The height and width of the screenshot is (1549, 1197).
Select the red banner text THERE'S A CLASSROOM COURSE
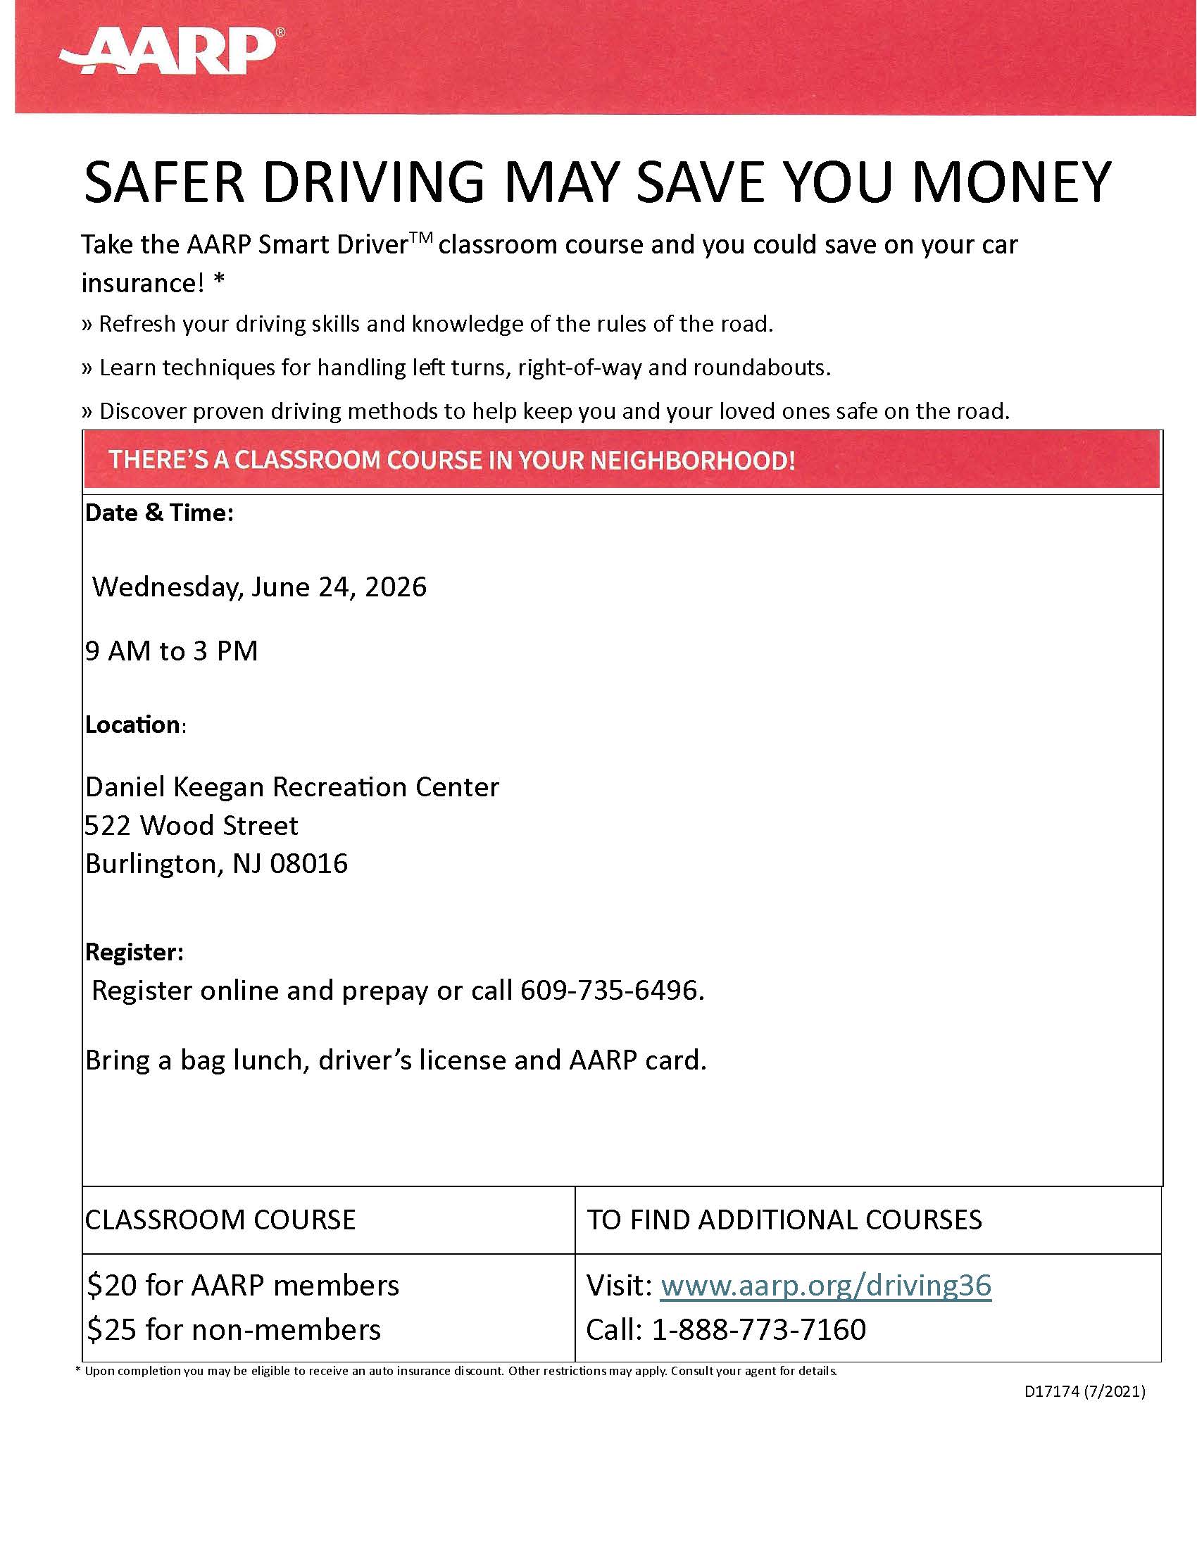pyautogui.click(x=452, y=460)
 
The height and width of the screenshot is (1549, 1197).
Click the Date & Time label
pyautogui.click(x=159, y=513)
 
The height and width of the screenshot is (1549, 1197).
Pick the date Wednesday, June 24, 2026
pyautogui.click(x=260, y=587)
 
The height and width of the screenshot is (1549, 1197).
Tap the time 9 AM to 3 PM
pyautogui.click(x=172, y=651)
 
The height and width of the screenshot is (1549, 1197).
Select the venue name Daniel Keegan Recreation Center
pyautogui.click(x=292, y=787)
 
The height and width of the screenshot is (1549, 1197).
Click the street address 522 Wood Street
pyautogui.click(x=192, y=826)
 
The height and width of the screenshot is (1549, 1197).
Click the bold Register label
pyautogui.click(x=134, y=952)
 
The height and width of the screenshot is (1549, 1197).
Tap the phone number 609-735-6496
pyautogui.click(x=611, y=990)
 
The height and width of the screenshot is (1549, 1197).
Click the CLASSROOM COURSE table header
pyautogui.click(x=220, y=1219)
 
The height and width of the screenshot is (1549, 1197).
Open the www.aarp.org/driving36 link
pyautogui.click(x=825, y=1285)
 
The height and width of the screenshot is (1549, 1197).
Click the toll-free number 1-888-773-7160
pyautogui.click(x=759, y=1329)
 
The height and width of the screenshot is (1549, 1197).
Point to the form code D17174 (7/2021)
pyautogui.click(x=1085, y=1391)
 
